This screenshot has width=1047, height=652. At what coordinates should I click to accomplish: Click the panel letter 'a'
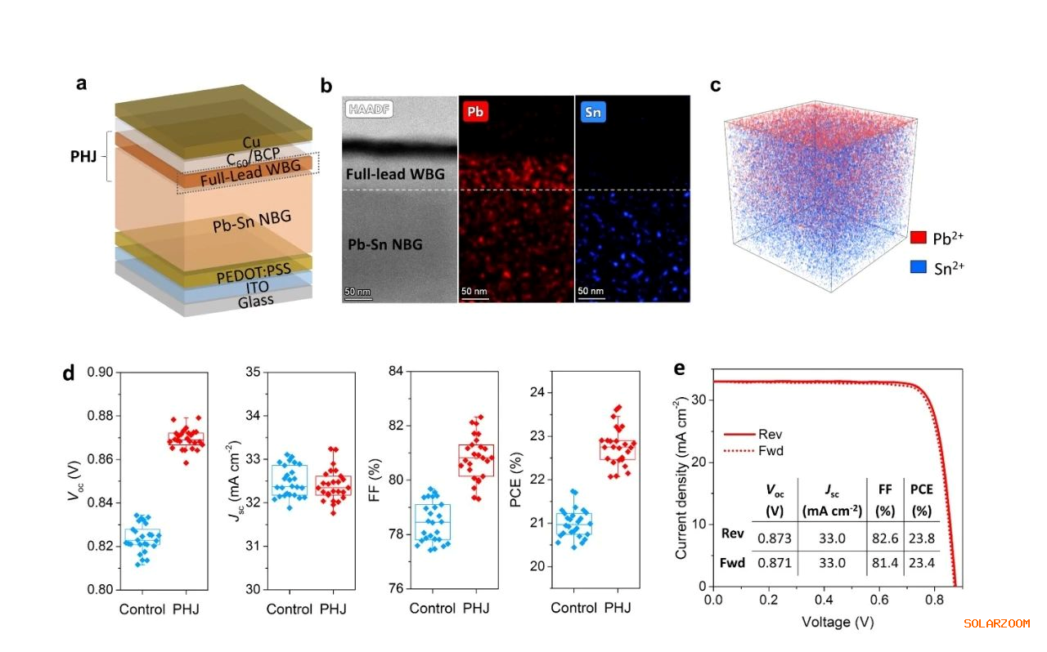(81, 83)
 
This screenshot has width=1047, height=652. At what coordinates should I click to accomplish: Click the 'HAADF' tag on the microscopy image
(366, 111)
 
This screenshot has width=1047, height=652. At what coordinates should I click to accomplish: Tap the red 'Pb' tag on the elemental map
(474, 111)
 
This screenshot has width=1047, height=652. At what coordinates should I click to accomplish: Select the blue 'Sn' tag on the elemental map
(593, 111)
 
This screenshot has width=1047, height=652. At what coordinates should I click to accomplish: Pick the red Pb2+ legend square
(919, 238)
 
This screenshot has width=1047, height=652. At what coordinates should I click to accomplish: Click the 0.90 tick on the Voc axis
(101, 373)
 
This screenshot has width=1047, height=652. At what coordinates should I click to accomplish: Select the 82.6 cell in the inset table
(881, 534)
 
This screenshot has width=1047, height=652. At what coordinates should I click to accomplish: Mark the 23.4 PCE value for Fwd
(921, 564)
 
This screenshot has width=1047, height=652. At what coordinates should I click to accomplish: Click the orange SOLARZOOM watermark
(996, 623)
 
